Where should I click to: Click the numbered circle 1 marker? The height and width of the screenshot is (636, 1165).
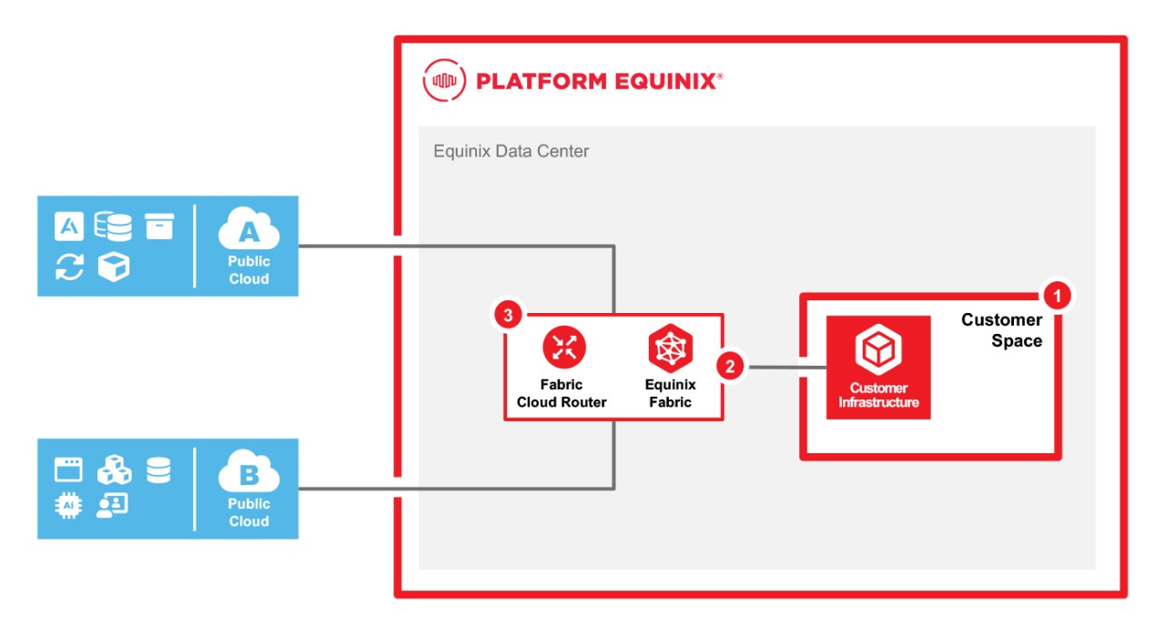click(1056, 296)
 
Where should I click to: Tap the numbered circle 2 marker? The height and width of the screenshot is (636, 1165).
click(730, 367)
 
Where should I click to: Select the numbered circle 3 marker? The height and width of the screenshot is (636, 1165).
click(508, 316)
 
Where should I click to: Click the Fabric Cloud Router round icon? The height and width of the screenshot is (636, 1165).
click(564, 348)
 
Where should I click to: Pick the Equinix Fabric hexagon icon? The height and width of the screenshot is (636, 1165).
click(671, 348)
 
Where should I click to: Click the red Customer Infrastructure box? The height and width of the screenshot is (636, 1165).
click(878, 367)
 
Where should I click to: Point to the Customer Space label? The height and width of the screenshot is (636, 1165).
click(1001, 330)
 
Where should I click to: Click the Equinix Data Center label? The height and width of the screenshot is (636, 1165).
click(512, 151)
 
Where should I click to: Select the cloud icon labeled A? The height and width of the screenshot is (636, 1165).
click(248, 233)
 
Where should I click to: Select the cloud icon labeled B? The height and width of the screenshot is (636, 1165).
click(248, 475)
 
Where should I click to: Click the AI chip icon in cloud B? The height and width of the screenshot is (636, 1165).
click(68, 506)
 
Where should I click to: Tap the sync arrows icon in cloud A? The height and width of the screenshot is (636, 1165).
click(69, 267)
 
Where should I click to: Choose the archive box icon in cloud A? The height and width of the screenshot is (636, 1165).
click(159, 225)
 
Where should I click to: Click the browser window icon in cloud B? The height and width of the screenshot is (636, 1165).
click(68, 469)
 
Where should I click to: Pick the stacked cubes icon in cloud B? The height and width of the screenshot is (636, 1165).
click(115, 469)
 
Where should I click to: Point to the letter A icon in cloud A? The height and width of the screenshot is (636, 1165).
click(69, 226)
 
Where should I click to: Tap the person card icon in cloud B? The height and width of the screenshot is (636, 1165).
click(113, 506)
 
